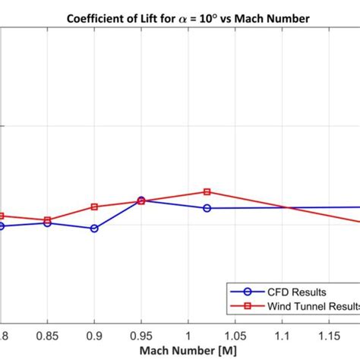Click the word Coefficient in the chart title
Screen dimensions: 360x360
coord(97,18)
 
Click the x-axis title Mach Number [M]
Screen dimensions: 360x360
coord(179,351)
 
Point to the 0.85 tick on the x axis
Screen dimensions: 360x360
coord(47,334)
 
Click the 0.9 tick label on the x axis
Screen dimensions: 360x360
coord(94,334)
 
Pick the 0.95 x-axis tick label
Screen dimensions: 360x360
coord(141,334)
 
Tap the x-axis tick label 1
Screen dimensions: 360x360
coord(188,334)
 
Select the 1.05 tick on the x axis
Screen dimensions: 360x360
coord(235,334)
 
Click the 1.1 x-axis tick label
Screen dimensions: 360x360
coord(283,334)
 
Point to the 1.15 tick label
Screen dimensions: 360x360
coord(330,334)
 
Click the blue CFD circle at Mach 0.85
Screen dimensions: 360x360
coord(47,223)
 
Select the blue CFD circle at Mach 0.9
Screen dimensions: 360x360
coord(94,228)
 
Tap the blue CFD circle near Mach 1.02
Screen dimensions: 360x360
coord(207,208)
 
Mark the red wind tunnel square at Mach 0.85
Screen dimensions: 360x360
coord(47,220)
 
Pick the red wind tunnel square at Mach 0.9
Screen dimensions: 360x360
coord(94,207)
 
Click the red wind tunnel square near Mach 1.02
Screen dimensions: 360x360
coord(207,192)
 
